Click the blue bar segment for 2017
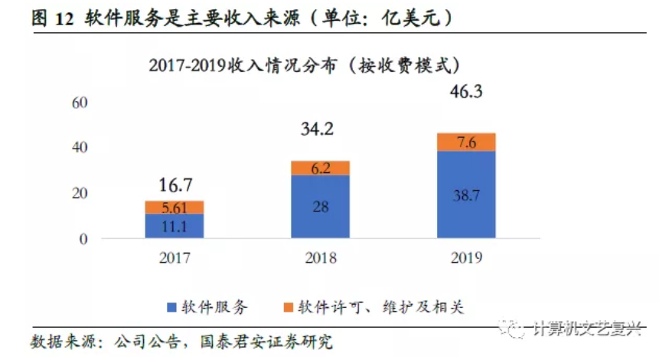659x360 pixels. pos(175,226)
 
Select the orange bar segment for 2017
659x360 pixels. pos(175,207)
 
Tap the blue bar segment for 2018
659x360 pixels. pos(321,207)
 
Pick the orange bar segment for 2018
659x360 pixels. pos(321,168)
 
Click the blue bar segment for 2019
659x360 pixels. pos(466,195)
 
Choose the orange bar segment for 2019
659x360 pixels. pos(466,142)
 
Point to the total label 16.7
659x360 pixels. pos(175,185)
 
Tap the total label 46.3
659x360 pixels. pos(466,93)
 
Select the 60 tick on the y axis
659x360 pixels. pos(80,102)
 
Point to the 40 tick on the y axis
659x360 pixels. pos(80,147)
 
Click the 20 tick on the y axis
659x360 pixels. pos(80,193)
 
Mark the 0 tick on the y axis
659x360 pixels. pos(83,239)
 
